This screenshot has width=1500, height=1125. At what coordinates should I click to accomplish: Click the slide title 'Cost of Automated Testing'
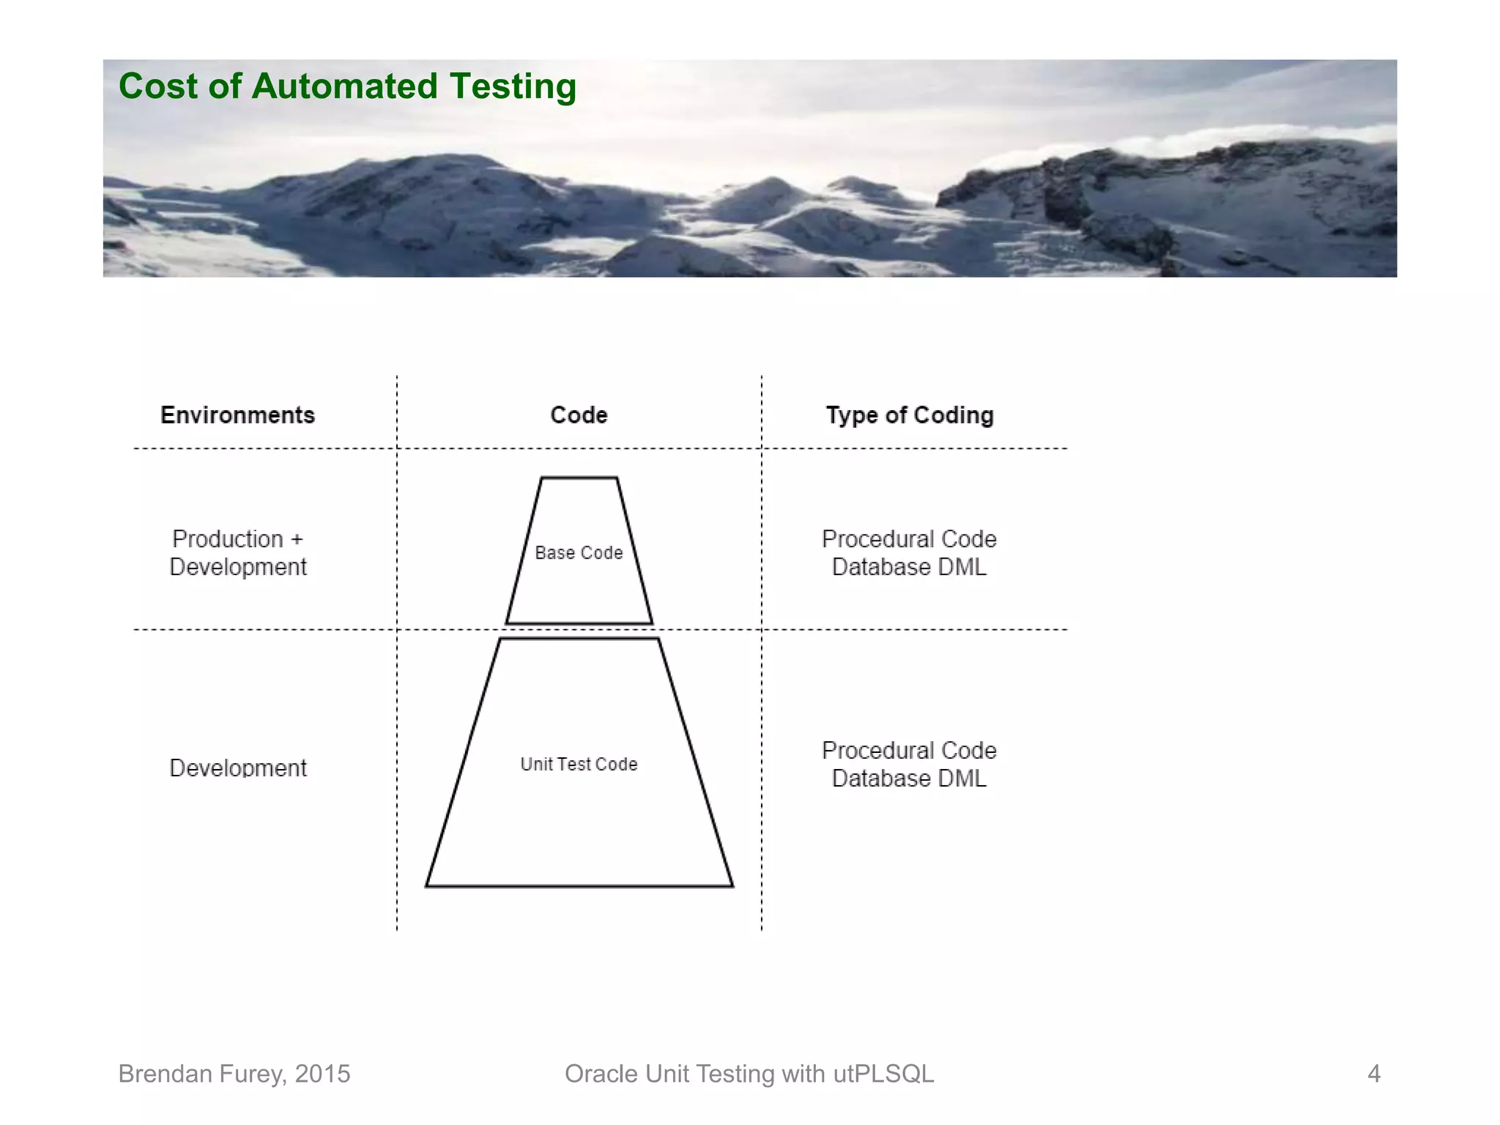(x=347, y=86)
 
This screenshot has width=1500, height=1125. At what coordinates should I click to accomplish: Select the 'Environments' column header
(x=237, y=415)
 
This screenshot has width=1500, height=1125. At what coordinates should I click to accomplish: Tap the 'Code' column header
(x=579, y=415)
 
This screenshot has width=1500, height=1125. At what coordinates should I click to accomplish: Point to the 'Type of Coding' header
(x=910, y=415)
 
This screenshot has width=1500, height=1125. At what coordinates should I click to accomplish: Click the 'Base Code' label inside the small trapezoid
(x=579, y=553)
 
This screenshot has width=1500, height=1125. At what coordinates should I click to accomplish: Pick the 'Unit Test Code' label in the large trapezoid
(x=579, y=764)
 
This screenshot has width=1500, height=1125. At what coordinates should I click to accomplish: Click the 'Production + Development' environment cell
(x=237, y=553)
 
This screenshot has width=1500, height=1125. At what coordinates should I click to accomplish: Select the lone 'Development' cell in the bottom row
(x=237, y=768)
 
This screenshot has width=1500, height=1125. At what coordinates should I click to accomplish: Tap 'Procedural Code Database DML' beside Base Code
(x=909, y=553)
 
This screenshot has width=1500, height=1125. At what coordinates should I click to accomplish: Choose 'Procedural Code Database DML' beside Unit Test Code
(x=909, y=764)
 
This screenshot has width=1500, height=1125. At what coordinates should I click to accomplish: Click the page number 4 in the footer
(x=1373, y=1074)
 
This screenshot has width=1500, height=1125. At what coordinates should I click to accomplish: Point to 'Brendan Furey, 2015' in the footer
(x=234, y=1074)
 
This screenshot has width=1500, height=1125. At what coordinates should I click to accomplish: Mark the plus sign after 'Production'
(x=297, y=540)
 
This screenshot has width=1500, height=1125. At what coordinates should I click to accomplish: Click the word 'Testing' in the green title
(x=513, y=86)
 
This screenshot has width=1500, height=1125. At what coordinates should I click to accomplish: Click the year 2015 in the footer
(x=322, y=1074)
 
